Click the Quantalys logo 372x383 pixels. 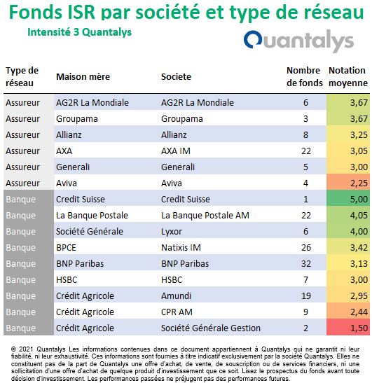tap(298, 41)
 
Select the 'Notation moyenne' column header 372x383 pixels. tap(347, 77)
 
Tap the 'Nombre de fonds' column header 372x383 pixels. tap(304, 77)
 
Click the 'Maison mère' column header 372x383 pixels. tap(83, 77)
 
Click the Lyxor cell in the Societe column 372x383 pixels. tap(172, 232)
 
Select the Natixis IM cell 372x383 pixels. tap(181, 248)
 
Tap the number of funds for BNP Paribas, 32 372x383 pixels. tap(306, 264)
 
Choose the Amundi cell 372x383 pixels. tap(176, 296)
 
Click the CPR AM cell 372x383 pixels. tap(177, 312)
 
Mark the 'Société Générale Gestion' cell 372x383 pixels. tap(211, 328)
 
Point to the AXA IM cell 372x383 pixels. tap(176, 151)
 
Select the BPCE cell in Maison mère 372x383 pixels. tap(66, 248)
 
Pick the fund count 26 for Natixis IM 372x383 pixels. tap(306, 248)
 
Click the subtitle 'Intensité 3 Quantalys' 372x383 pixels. tap(79, 32)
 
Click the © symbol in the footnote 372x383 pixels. tap(14, 349)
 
